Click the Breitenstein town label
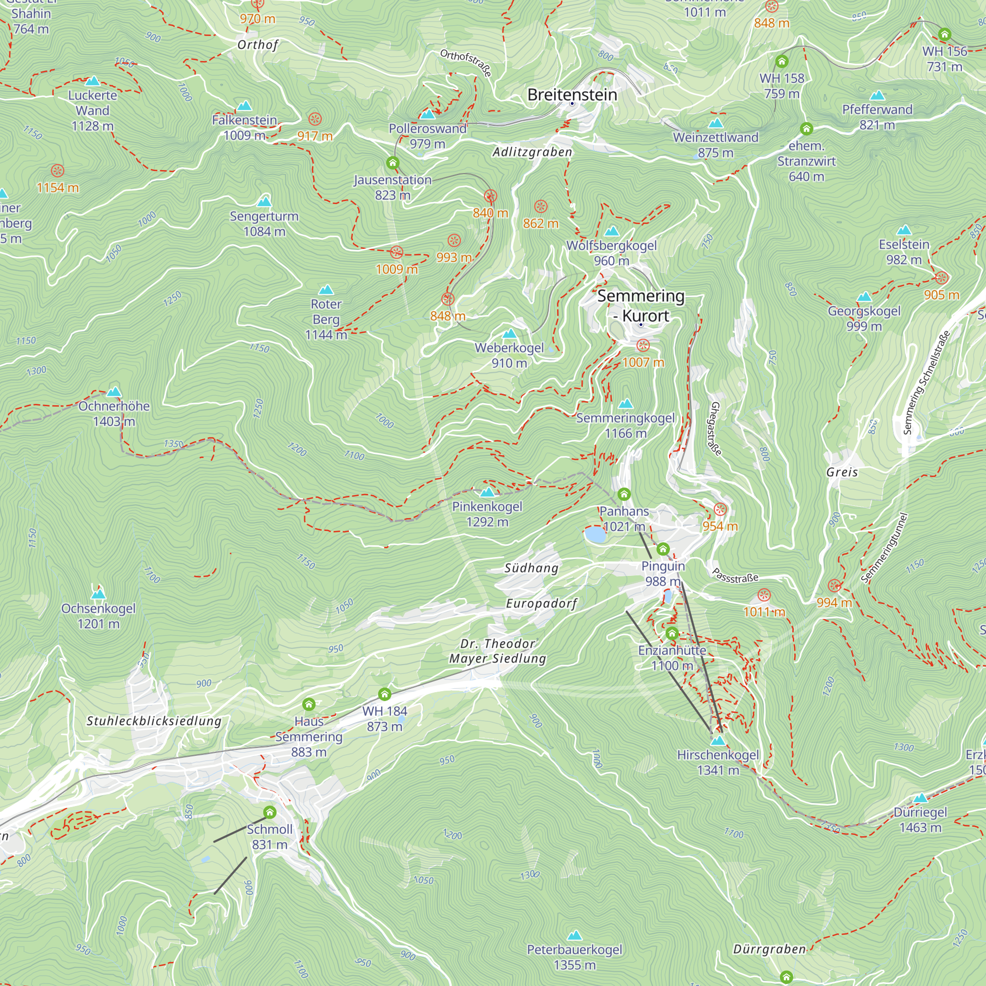[x=572, y=95]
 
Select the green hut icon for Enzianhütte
[x=671, y=634]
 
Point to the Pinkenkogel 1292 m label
[x=488, y=514]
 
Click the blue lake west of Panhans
[x=595, y=534]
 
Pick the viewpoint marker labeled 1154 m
[x=58, y=171]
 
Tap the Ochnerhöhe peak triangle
[x=114, y=392]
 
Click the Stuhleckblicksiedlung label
[x=154, y=721]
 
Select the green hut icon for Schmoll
[x=270, y=812]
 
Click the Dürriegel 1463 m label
[x=920, y=820]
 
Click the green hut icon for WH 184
[x=385, y=694]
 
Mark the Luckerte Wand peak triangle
[x=92, y=81]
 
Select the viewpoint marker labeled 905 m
[x=941, y=278]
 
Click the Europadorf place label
[x=541, y=603]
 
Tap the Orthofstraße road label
[x=465, y=62]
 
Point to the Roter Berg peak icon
[x=325, y=290]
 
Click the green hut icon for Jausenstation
[x=392, y=163]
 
